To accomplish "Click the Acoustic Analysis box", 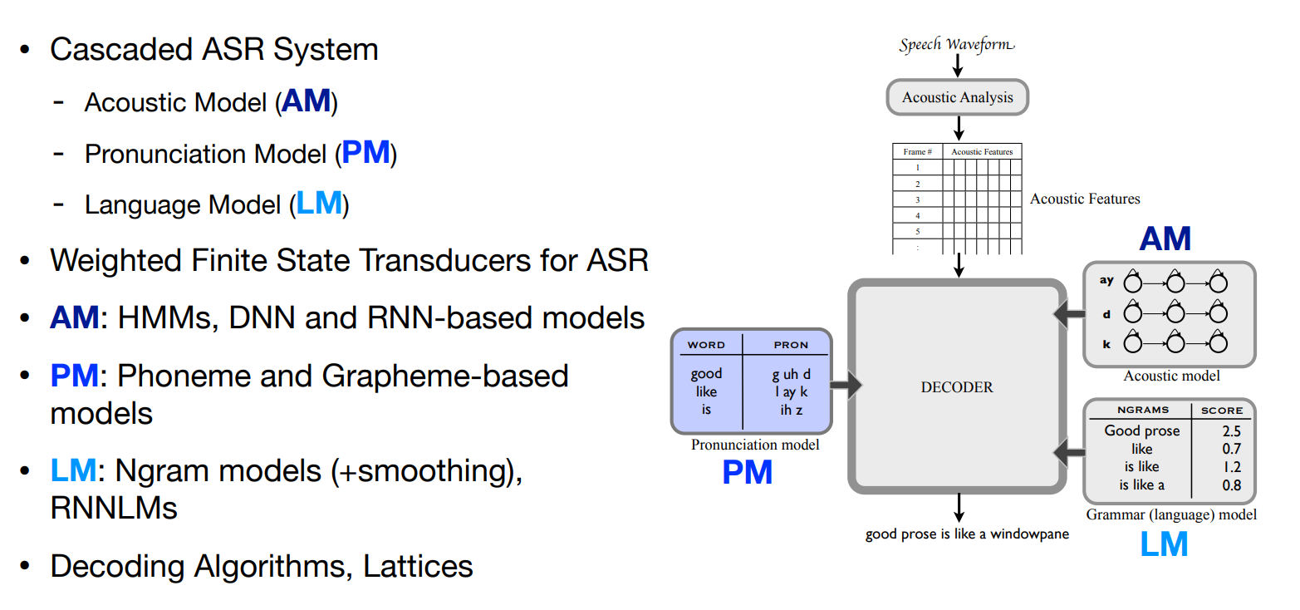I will tap(958, 97).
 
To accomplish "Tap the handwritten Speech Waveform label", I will tap(957, 45).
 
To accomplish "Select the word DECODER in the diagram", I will tap(957, 387).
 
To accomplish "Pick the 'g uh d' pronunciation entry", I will tap(791, 374).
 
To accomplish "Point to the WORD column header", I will tap(706, 344).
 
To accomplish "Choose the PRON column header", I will tap(791, 344).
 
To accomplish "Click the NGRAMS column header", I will tap(1142, 410).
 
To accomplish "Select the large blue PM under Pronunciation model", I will tap(747, 472).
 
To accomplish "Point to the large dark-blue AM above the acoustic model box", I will tap(1165, 239).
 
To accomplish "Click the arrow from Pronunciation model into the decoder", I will tap(846, 386).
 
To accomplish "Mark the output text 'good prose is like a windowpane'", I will tap(967, 534).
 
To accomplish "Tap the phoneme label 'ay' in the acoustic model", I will tap(1106, 280).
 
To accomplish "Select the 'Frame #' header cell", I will tap(917, 152).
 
